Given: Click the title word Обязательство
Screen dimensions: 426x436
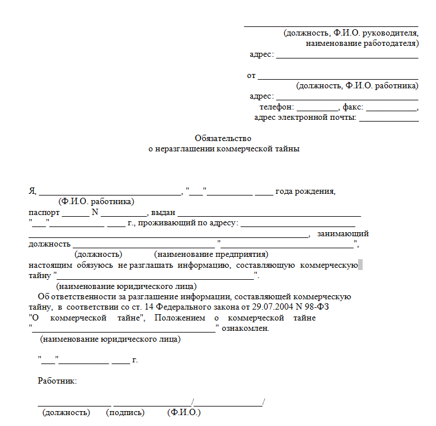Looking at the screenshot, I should click(x=223, y=138).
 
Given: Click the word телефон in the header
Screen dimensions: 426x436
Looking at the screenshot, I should click(x=276, y=107).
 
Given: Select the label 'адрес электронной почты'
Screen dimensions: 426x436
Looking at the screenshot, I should click(x=305, y=118).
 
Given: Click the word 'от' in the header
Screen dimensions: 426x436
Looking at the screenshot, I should click(x=251, y=76).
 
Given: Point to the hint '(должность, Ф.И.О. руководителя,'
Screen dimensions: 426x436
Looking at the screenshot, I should click(x=351, y=33).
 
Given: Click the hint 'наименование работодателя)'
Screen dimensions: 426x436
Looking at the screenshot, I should click(x=362, y=44).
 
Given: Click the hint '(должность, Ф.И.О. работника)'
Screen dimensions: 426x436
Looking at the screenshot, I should click(x=357, y=86).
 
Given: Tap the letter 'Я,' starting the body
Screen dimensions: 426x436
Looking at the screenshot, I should click(x=33, y=191).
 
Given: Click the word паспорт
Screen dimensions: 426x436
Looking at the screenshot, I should click(x=44, y=213).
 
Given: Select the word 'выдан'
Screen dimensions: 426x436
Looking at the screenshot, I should click(x=163, y=213).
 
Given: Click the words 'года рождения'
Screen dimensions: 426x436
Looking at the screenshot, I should click(x=305, y=191).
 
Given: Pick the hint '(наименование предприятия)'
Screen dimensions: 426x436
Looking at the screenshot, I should click(x=211, y=254).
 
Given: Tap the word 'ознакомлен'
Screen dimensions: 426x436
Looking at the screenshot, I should click(x=245, y=329).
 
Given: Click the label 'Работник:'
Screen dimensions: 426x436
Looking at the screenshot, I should click(x=57, y=381).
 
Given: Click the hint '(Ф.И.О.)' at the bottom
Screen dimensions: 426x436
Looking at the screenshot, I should click(x=184, y=412).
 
